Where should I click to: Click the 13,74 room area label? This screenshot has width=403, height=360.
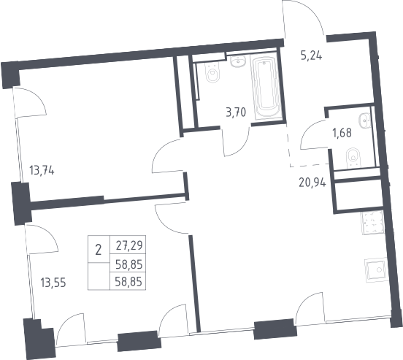(x=42, y=170)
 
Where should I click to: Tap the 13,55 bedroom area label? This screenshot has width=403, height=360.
(x=53, y=283)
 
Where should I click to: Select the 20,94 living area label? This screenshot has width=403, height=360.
(x=312, y=183)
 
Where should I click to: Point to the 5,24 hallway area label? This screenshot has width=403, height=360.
(x=311, y=55)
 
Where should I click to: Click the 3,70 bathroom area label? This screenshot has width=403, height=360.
(x=236, y=112)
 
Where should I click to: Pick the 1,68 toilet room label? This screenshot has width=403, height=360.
(x=342, y=133)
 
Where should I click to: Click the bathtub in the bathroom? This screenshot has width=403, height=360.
(x=266, y=87)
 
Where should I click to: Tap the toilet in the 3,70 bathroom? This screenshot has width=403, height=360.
(x=213, y=72)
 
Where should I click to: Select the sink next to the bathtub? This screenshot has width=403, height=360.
(x=238, y=61)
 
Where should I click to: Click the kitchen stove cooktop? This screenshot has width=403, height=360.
(x=372, y=223)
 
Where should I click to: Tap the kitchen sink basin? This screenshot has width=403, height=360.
(x=375, y=269)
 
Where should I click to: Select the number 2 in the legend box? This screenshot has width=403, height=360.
(x=98, y=250)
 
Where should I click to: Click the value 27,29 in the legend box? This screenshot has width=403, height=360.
(x=128, y=245)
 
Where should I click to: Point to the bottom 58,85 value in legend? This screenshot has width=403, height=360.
(x=128, y=282)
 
